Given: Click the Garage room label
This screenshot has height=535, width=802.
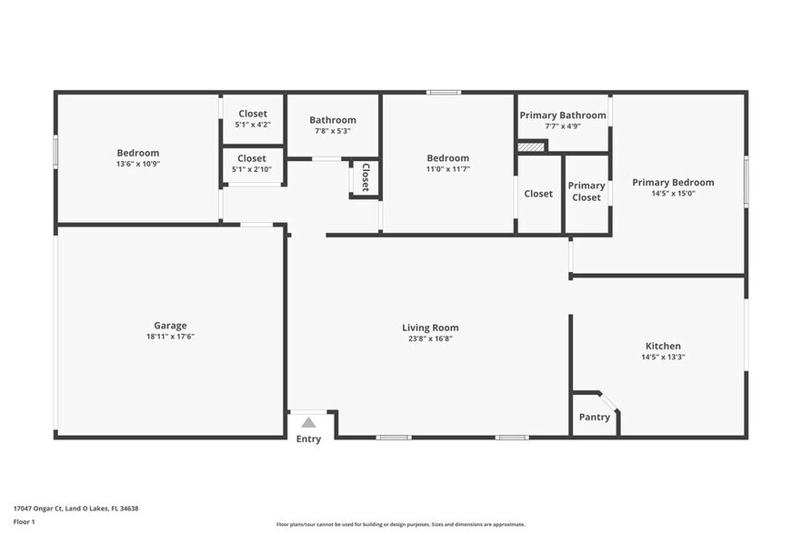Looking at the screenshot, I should point(170,325).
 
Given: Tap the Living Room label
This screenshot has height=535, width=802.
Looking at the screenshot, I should point(430,328).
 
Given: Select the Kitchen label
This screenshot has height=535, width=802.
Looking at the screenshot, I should point(663,346).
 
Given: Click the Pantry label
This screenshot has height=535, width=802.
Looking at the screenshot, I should point(594,417).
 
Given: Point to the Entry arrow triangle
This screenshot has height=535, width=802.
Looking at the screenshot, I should point(308,422).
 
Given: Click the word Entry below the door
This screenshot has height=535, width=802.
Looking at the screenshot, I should point(308,439).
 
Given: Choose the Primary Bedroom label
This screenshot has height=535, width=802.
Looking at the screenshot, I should point(673,182).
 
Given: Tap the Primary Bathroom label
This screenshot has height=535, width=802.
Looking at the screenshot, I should point(562,116).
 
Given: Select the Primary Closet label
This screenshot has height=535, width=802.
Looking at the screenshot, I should point(586,191).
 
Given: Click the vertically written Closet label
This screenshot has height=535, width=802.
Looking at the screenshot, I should point(365,177).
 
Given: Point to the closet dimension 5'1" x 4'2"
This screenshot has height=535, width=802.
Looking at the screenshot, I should point(252,125).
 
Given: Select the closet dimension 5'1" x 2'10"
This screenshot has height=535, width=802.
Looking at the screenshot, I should point(252,168).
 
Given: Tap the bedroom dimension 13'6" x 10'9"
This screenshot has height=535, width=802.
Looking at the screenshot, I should point(137,164).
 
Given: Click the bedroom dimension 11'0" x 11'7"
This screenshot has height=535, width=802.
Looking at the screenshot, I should point(447,169).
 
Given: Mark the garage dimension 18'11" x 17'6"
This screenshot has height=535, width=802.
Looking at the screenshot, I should point(170,337).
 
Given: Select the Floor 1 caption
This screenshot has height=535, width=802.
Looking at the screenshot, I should point(25,521).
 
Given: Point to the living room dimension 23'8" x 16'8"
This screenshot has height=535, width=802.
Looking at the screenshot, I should point(430,338).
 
